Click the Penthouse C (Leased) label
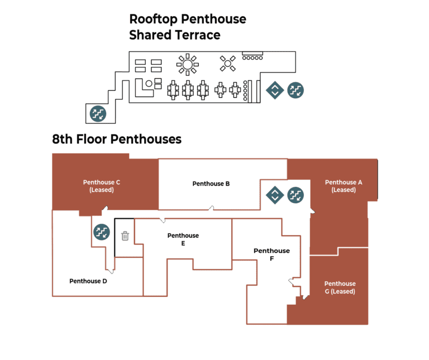click(102, 186)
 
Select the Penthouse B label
click(211, 184)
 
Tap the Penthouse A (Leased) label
click(344, 186)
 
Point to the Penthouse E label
click(183, 239)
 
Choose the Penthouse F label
click(271, 255)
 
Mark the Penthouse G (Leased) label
click(340, 287)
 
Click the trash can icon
click(125, 236)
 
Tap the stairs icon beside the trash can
click(101, 231)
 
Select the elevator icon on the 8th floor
click(274, 195)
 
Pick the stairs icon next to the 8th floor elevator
click(295, 195)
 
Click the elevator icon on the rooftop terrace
click(274, 90)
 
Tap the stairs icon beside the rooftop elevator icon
click(295, 90)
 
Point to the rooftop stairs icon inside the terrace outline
click(98, 114)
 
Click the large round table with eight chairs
click(188, 65)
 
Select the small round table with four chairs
click(227, 64)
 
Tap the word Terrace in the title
click(196, 35)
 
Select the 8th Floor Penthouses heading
click(117, 139)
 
